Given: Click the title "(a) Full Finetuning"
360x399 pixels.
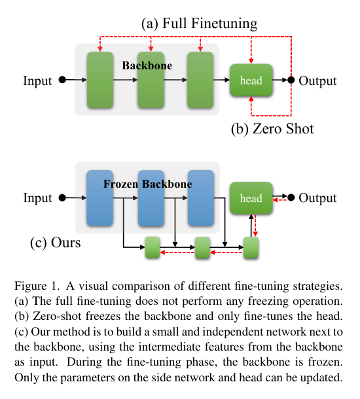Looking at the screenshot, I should coord(200,24).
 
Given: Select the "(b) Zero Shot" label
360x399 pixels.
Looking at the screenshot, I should coord(272,128).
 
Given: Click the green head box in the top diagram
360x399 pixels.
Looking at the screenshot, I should coord(251,81).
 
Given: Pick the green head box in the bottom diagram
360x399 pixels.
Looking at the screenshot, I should coord(251,198).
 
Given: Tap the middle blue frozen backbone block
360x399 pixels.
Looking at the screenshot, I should coord(151,198).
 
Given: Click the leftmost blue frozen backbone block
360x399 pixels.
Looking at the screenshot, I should coord(100,198).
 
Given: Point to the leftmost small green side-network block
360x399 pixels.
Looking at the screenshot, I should coord(153,247).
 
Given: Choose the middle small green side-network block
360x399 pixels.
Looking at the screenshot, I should coord(202,247).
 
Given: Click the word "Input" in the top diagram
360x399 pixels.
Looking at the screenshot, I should coord(38,80).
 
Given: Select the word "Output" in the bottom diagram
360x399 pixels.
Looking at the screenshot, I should coord(317,198).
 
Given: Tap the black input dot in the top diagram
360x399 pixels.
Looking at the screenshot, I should coord(62,80).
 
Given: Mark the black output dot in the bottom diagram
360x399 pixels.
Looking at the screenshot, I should coord(291,198).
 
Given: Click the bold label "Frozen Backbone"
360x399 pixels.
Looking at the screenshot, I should coord(148,184).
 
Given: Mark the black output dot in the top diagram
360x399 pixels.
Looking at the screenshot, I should coord(291,80).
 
